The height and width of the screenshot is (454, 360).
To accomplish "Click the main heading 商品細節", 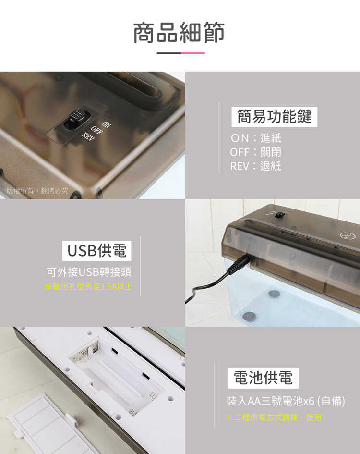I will (179, 32).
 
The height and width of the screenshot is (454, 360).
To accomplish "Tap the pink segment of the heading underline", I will (193, 53).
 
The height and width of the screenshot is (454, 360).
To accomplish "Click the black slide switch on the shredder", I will (76, 119).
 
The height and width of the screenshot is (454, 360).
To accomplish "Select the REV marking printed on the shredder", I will (88, 137).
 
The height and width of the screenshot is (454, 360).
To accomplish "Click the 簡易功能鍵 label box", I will (275, 117).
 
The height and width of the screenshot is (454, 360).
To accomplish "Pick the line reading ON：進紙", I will (256, 138).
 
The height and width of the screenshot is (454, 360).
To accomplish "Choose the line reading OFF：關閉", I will (255, 152).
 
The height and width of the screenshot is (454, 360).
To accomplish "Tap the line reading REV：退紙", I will (255, 166).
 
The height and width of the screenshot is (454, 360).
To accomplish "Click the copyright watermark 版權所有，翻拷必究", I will (37, 191).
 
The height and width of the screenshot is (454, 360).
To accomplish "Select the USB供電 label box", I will (96, 251).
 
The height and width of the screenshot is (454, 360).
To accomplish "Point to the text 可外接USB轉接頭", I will (89, 272).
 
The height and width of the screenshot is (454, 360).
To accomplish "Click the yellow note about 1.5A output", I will (89, 287).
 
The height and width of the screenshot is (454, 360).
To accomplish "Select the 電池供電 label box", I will (263, 379).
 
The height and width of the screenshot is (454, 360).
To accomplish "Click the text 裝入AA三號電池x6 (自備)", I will (286, 400).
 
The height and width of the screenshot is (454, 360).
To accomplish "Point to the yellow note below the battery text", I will (274, 417).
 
